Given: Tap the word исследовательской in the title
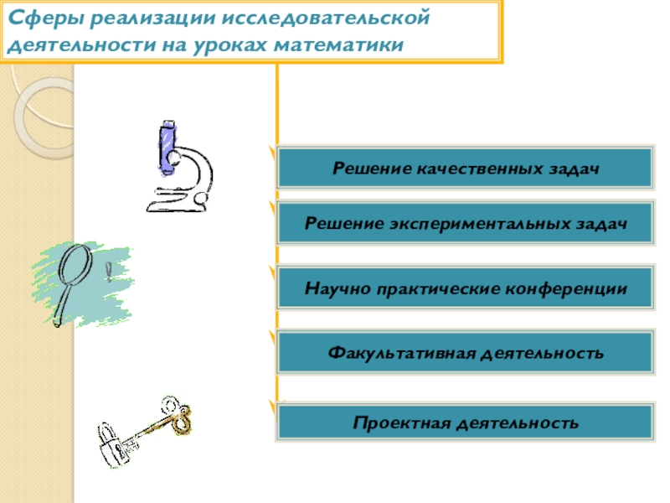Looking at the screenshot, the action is (334, 18).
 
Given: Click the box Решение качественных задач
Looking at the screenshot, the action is (465, 169).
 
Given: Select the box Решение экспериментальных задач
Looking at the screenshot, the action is (465, 224).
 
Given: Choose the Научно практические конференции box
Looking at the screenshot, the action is (465, 289).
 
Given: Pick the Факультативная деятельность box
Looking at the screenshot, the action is (465, 353).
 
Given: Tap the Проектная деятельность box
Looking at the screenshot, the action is (465, 422).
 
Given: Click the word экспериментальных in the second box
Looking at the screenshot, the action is (477, 224).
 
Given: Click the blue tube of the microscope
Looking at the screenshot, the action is (167, 148).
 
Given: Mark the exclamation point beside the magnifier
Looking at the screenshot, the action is (108, 272).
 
